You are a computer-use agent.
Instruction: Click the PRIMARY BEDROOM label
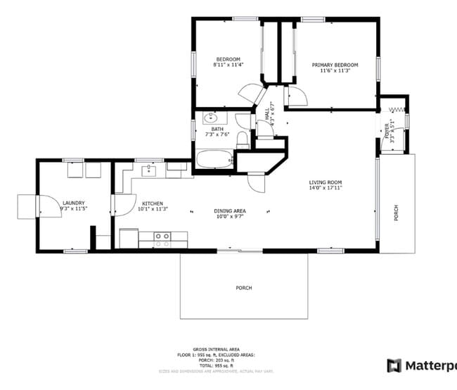335,65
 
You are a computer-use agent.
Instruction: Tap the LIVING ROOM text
326,182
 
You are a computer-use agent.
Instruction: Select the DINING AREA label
230,210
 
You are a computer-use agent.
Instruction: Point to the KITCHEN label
153,203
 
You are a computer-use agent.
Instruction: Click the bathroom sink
210,118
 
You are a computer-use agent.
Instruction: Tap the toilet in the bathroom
242,139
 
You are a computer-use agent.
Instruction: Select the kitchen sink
150,170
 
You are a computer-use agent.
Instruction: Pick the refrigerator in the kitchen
129,238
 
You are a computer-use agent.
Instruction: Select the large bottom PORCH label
243,288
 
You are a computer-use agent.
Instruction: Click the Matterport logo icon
394,365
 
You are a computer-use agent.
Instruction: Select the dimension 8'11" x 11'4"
228,65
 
